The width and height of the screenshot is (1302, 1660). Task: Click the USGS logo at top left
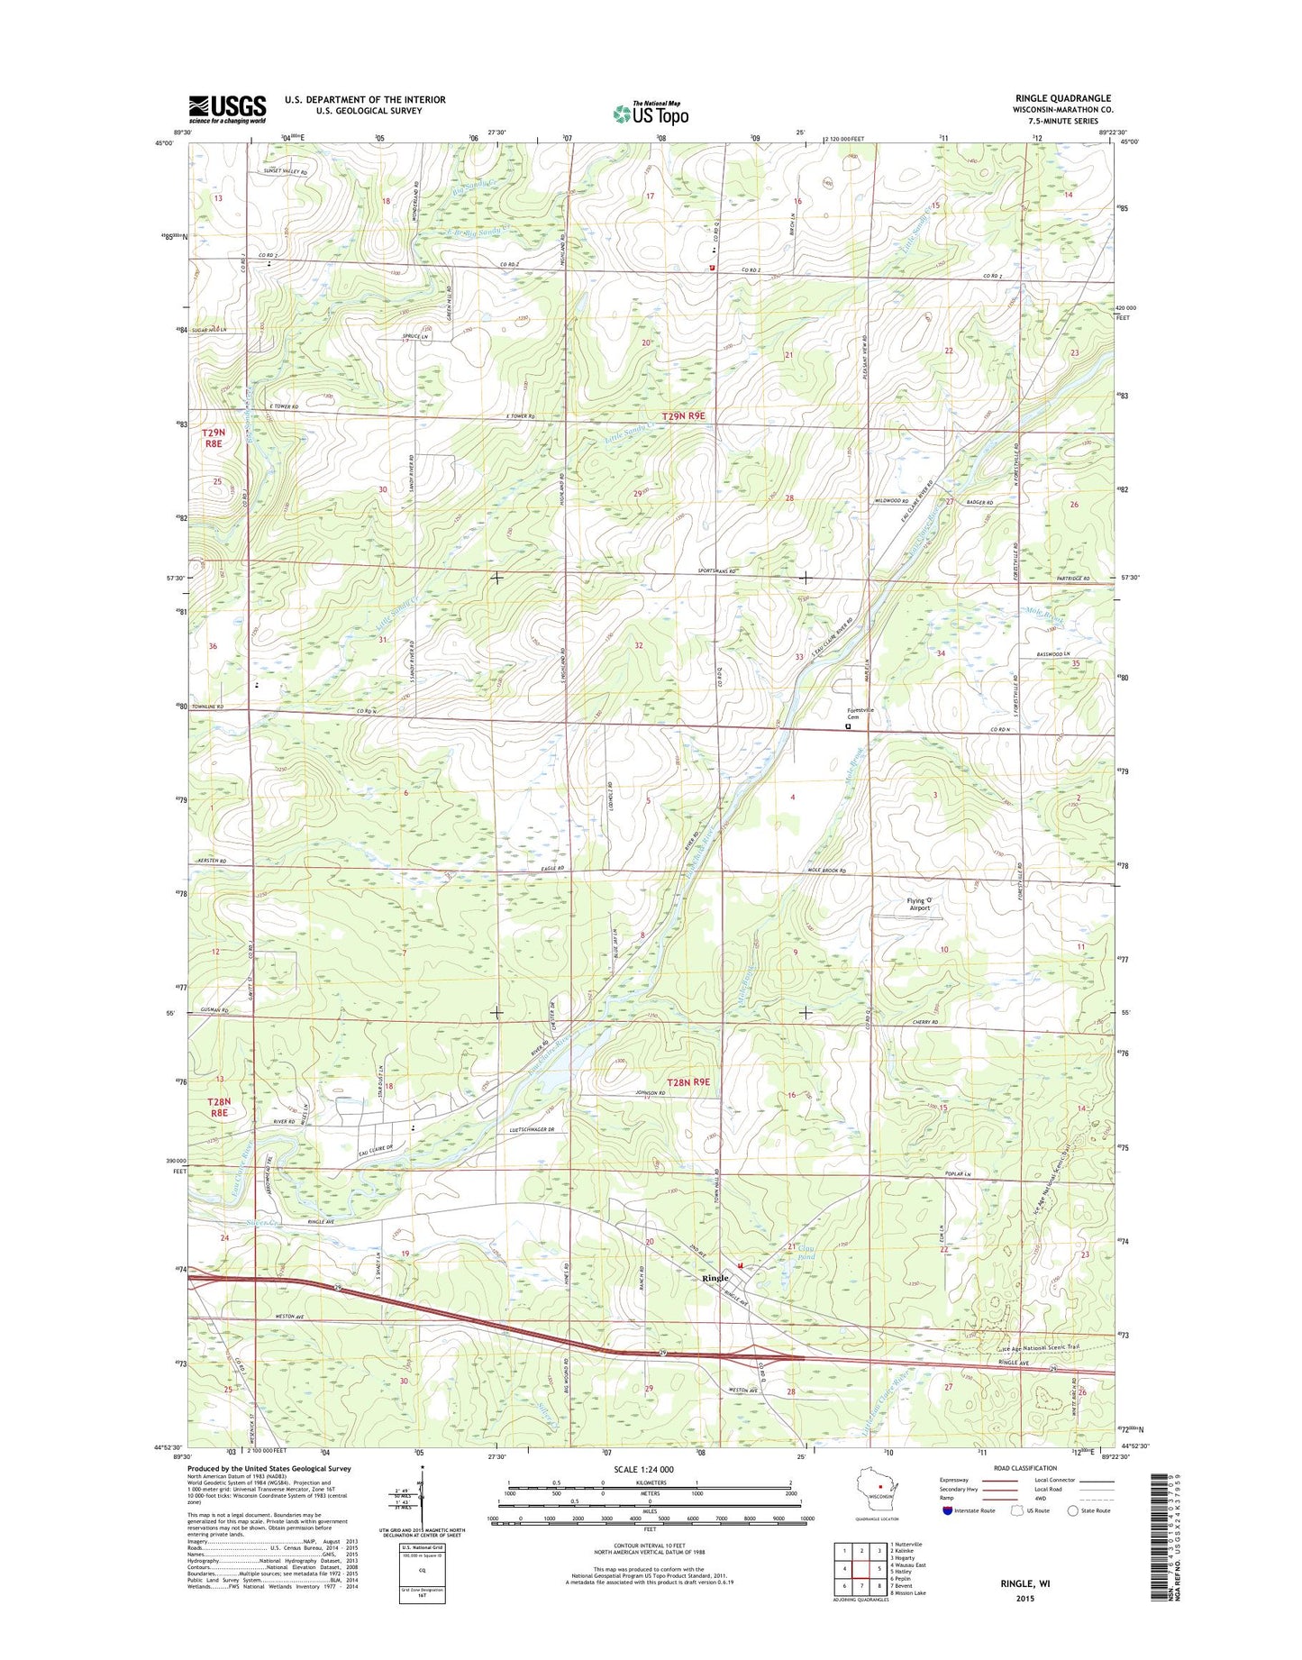227,109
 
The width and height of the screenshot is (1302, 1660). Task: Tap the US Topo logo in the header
651,114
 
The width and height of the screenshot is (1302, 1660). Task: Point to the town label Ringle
715,1278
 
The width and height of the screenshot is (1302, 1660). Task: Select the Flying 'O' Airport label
918,904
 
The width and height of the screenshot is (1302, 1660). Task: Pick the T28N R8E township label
219,1107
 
